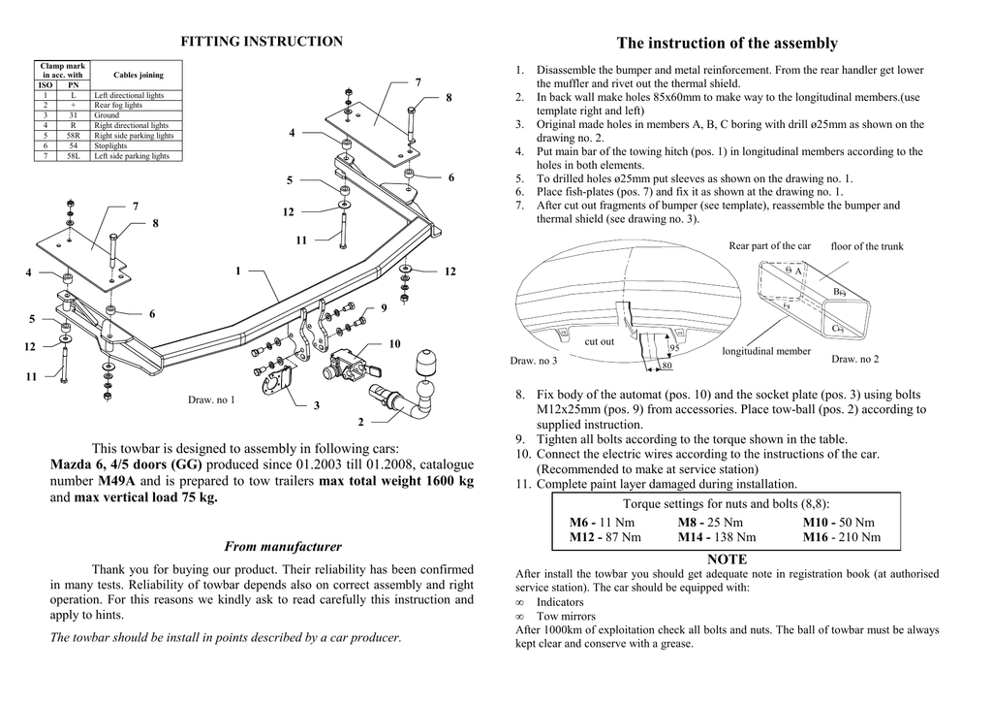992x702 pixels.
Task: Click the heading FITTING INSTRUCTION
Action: [x=262, y=42]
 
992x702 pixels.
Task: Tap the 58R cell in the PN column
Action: [x=74, y=136]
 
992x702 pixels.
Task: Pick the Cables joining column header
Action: [x=138, y=75]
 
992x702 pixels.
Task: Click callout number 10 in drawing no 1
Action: [x=395, y=343]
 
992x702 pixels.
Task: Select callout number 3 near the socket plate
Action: [x=317, y=405]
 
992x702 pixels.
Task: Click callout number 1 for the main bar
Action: [x=238, y=271]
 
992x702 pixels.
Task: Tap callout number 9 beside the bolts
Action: [x=384, y=308]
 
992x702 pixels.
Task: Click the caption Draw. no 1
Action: [x=211, y=400]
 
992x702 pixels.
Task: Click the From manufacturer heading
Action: [x=283, y=546]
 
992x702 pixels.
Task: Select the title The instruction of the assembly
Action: [x=727, y=43]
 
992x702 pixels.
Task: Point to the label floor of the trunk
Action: [x=867, y=246]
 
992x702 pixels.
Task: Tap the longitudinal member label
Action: [x=766, y=351]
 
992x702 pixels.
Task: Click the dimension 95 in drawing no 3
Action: [x=674, y=347]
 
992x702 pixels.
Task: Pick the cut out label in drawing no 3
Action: [x=599, y=342]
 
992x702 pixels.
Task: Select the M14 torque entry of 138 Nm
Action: [x=717, y=537]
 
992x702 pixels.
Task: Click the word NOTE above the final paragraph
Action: [x=727, y=559]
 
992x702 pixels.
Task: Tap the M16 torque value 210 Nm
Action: [x=842, y=537]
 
